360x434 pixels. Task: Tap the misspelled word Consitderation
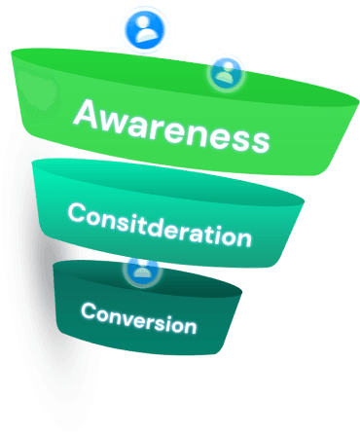160,223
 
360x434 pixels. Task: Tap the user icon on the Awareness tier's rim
226,71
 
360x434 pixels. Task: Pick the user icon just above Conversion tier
143,271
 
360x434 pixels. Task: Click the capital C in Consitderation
76,211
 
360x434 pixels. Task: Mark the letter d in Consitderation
161,223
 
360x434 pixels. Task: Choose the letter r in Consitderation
189,230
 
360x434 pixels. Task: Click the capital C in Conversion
88,310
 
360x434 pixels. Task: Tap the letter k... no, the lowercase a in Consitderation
200,232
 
